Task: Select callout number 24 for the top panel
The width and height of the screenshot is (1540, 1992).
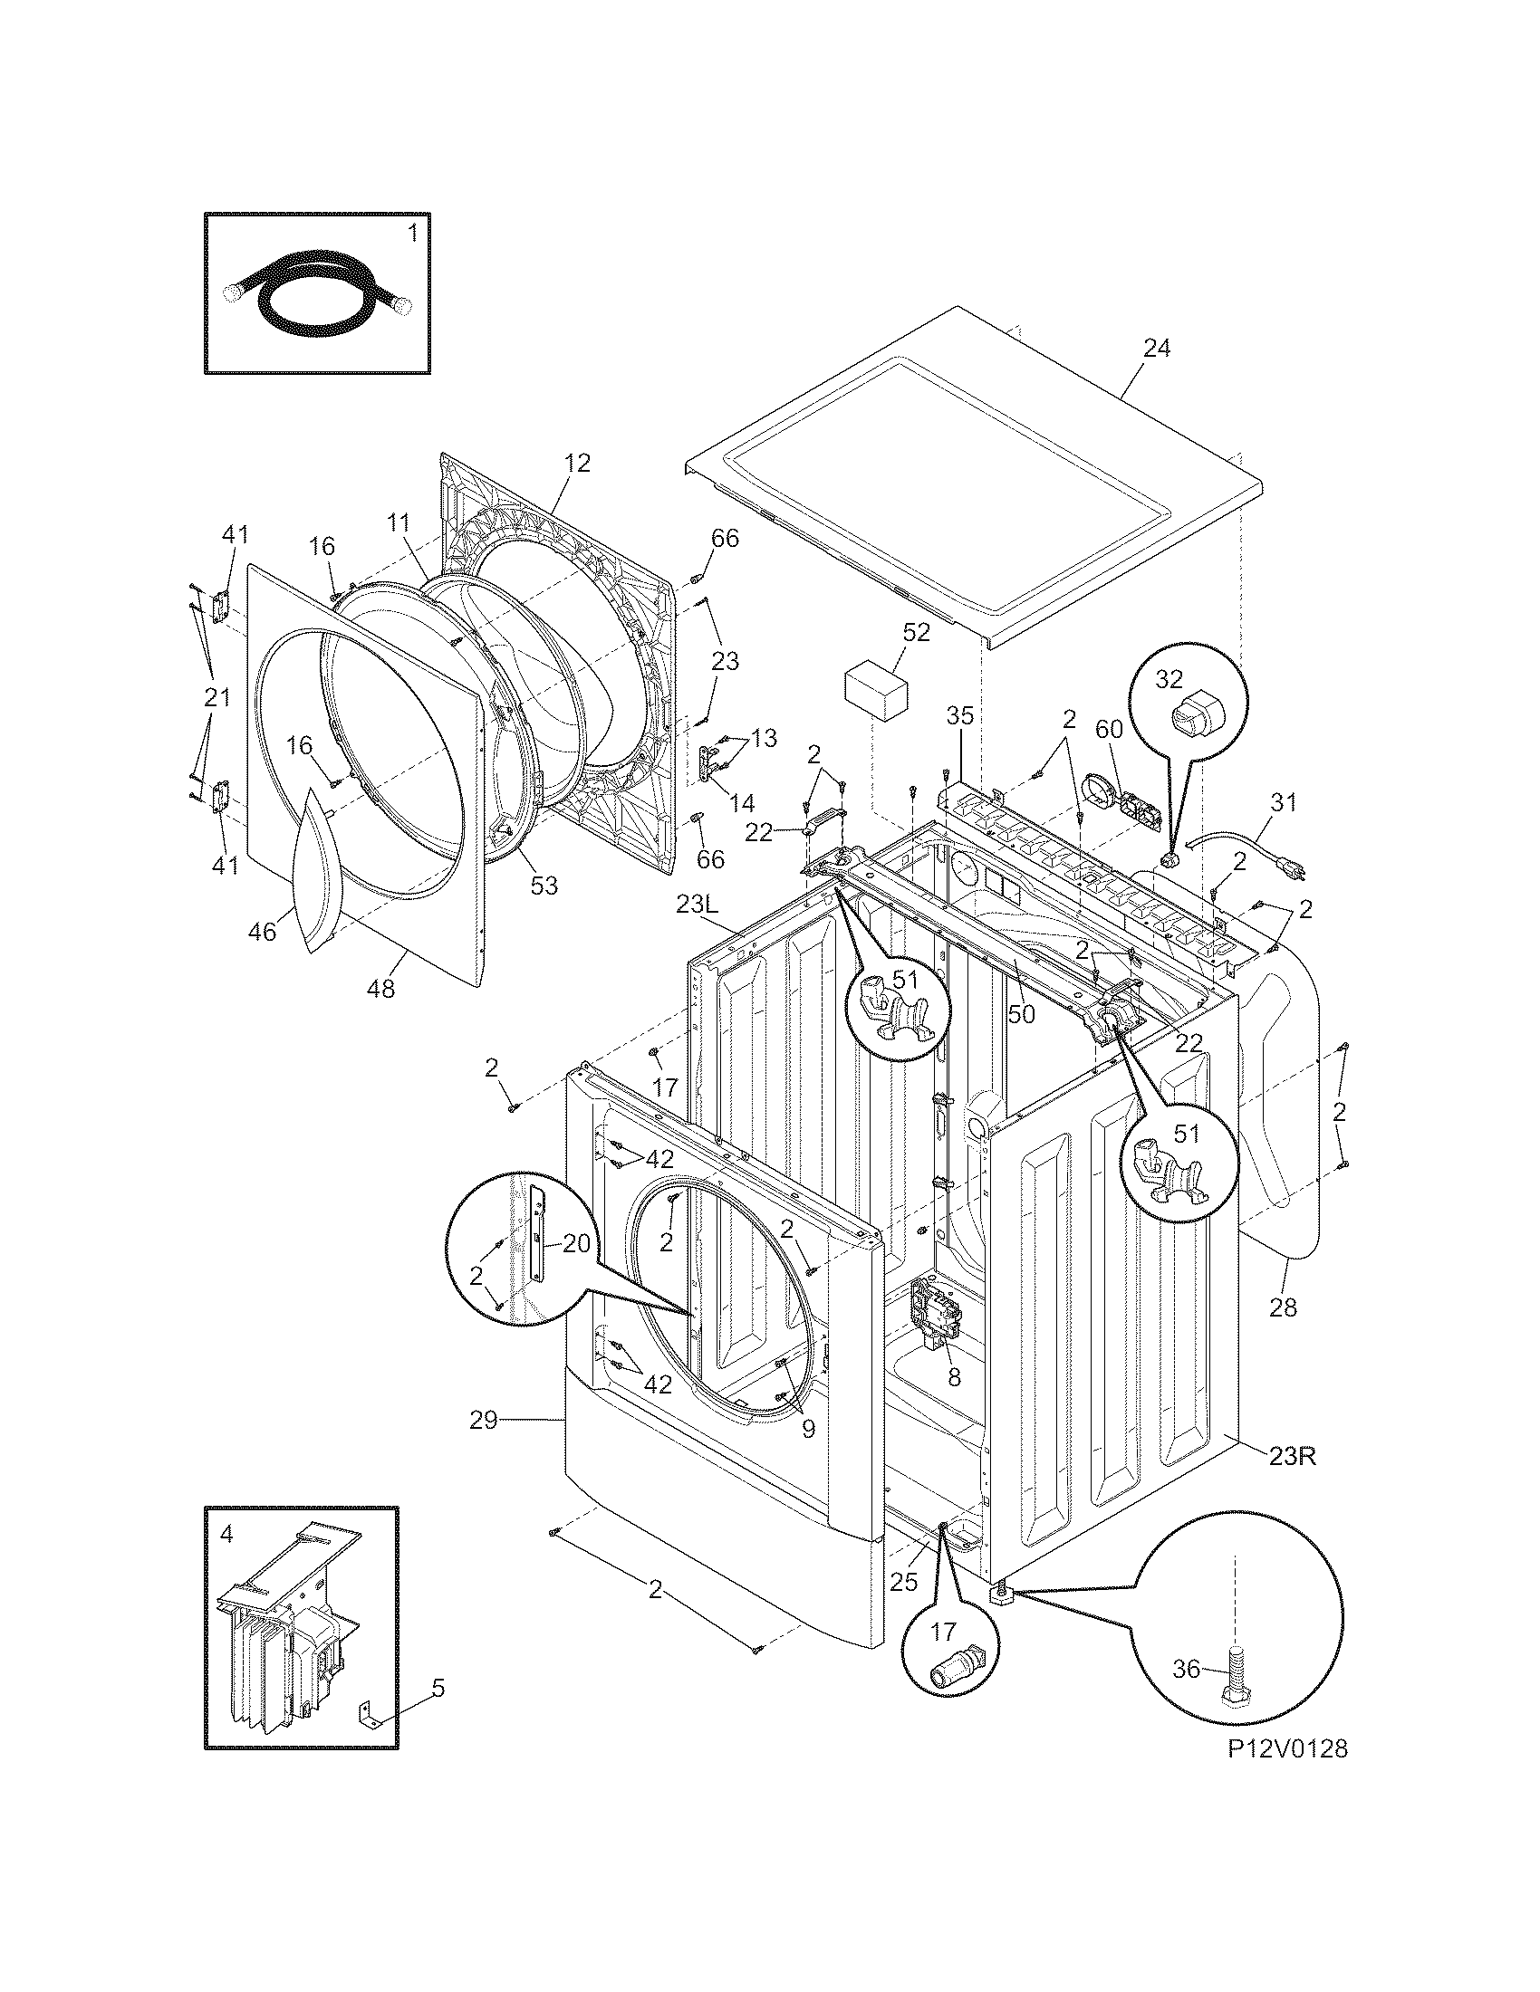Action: [x=1156, y=349]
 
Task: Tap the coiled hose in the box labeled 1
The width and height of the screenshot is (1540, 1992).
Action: [x=314, y=297]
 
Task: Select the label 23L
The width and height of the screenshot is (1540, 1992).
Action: [x=698, y=904]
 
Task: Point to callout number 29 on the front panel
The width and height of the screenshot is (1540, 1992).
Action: [x=484, y=1420]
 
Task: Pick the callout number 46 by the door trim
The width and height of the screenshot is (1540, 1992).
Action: [x=263, y=931]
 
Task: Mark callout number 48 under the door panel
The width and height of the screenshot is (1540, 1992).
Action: [x=381, y=989]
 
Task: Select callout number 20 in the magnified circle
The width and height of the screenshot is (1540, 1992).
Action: [x=576, y=1244]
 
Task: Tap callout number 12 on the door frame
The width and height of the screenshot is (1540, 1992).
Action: [x=576, y=464]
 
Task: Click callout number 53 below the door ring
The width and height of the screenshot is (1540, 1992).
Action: [x=544, y=886]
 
